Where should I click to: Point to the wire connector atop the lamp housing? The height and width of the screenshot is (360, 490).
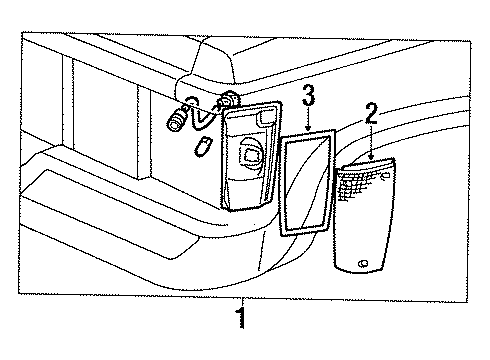(227, 100)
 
